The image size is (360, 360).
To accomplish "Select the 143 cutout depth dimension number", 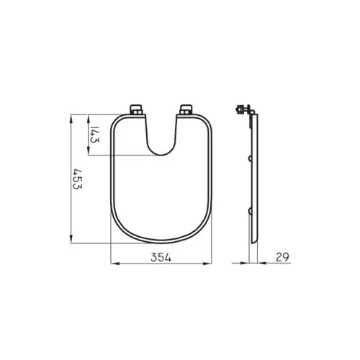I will (94, 135).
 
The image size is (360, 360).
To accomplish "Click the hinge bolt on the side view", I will (243, 110).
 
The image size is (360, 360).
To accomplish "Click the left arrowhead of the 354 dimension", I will (112, 264).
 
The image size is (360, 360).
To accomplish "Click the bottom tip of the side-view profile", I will (252, 242).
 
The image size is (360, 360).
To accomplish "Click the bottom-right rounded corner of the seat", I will (204, 228).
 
